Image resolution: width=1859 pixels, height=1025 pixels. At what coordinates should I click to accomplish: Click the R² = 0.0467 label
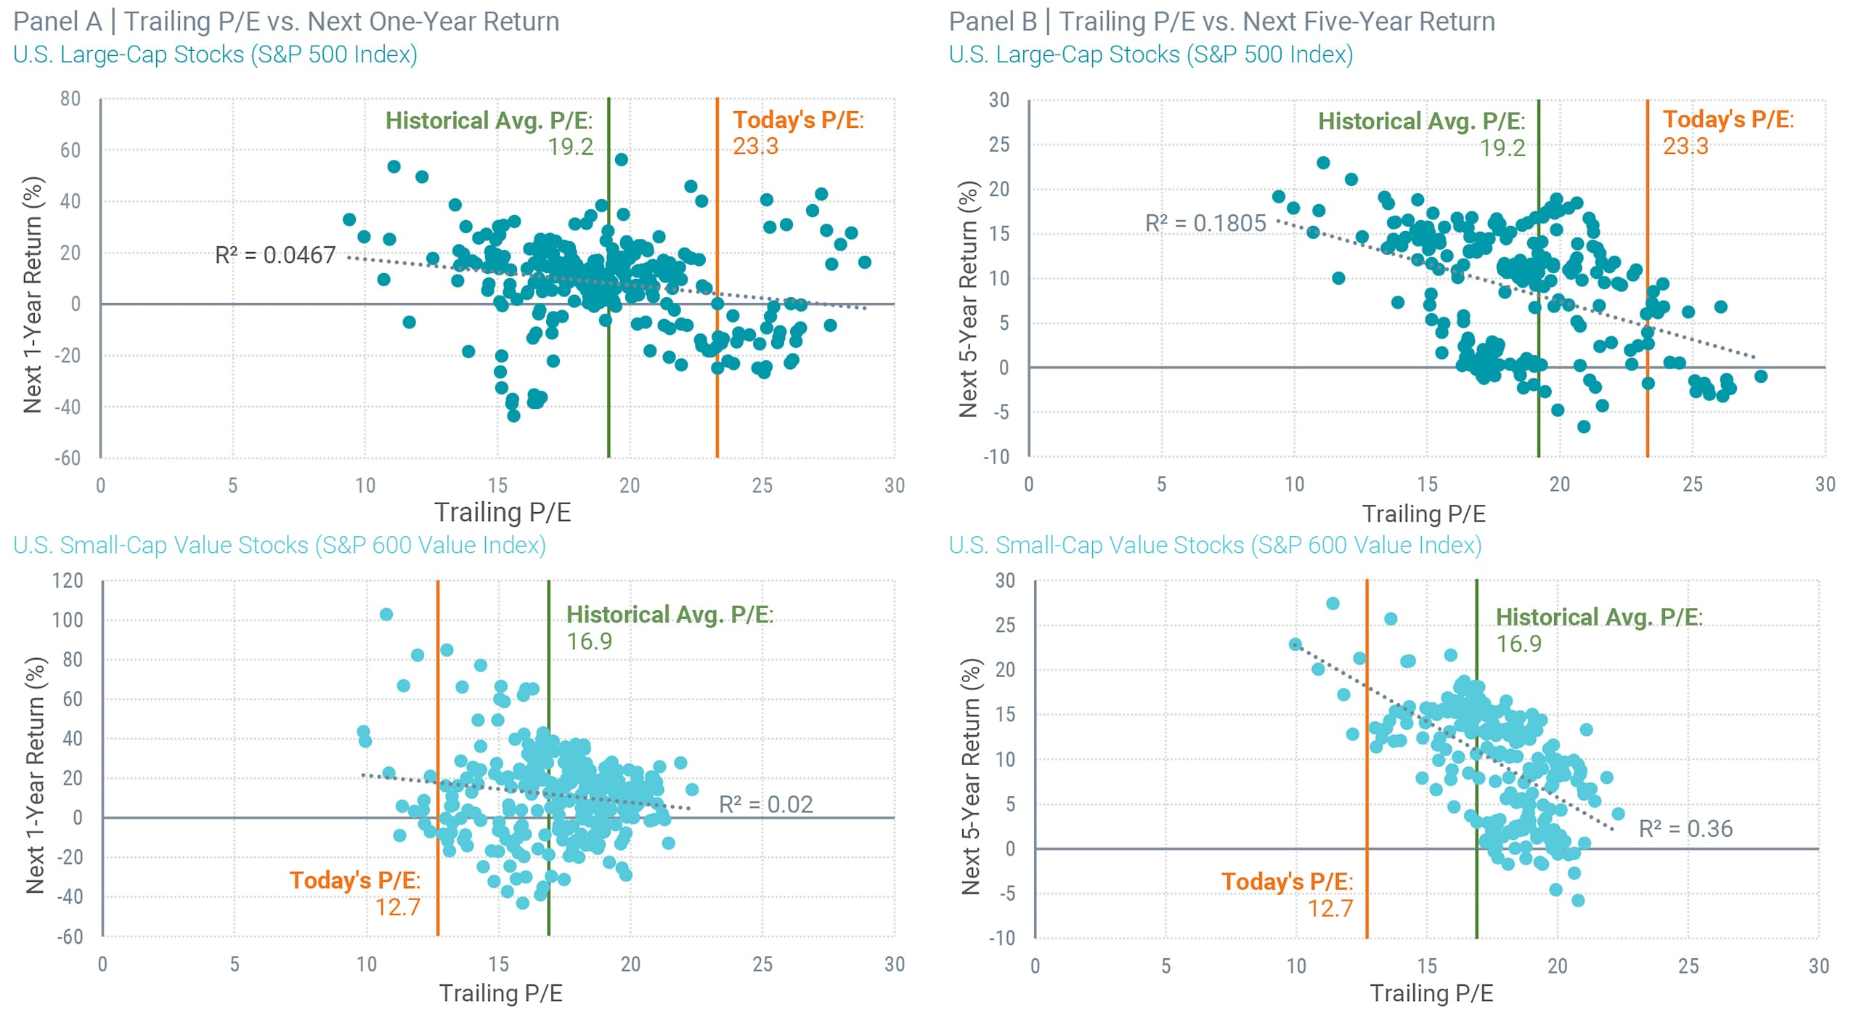[x=275, y=255]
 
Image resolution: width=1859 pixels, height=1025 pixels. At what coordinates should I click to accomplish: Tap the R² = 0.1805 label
[x=1205, y=223]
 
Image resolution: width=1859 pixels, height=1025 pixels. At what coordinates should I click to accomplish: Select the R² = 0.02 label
[x=765, y=804]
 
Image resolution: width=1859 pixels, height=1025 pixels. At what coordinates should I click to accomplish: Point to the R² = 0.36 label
[x=1685, y=828]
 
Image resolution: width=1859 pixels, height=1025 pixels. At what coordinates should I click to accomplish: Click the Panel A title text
[x=286, y=21]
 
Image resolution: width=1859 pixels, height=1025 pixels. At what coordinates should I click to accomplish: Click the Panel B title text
[x=1221, y=21]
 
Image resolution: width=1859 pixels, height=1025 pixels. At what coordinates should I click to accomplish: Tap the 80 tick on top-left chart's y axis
[x=70, y=99]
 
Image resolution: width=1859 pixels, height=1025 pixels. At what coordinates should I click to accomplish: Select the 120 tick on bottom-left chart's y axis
[x=68, y=580]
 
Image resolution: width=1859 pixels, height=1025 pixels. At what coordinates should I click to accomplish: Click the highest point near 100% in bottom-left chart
[x=386, y=615]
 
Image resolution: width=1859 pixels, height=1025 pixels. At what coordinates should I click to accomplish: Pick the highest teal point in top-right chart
[x=1323, y=163]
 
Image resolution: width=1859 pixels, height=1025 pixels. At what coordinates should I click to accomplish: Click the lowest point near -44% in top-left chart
[x=513, y=416]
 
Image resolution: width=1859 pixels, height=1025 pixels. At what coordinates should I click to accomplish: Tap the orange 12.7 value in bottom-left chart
[x=397, y=907]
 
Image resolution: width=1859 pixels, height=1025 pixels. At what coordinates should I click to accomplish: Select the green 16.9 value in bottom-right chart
[x=1518, y=644]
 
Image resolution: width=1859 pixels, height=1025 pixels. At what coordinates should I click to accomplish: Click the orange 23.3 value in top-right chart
[x=1685, y=146]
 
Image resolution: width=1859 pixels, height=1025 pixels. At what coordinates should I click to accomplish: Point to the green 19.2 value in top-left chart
[x=570, y=147]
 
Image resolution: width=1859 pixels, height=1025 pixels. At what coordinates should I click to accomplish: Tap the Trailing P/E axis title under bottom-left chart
[x=501, y=992]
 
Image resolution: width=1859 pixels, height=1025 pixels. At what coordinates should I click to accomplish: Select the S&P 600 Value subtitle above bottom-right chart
[x=1215, y=545]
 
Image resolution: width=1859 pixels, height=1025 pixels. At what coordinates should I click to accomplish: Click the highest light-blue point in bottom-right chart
[x=1333, y=604]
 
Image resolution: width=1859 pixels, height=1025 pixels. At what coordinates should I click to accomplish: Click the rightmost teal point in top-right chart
[x=1760, y=376]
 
